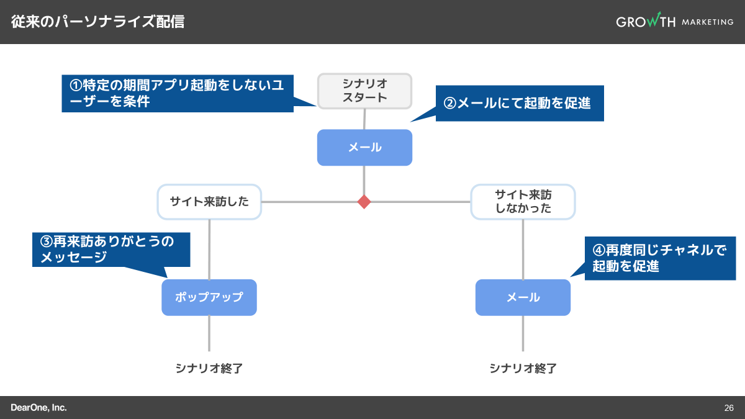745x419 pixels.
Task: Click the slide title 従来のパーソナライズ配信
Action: pyautogui.click(x=98, y=22)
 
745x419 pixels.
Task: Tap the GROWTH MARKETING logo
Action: pyautogui.click(x=674, y=22)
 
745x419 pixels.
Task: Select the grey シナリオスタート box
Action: pyautogui.click(x=364, y=91)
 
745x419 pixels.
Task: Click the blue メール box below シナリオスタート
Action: pyautogui.click(x=364, y=148)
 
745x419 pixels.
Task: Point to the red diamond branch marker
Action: pyautogui.click(x=364, y=202)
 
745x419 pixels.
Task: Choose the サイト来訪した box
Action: pyautogui.click(x=209, y=202)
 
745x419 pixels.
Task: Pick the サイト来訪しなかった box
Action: pyautogui.click(x=523, y=202)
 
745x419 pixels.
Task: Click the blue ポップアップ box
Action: pyautogui.click(x=209, y=297)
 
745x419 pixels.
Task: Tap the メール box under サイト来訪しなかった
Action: pyautogui.click(x=523, y=297)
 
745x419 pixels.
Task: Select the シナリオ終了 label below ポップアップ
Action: pyautogui.click(x=209, y=368)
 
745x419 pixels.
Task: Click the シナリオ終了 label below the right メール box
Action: pyautogui.click(x=523, y=368)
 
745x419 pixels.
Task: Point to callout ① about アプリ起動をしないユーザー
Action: pyautogui.click(x=177, y=94)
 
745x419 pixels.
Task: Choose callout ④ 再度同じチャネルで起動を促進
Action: pyautogui.click(x=659, y=258)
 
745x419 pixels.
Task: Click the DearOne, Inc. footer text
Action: pyautogui.click(x=38, y=408)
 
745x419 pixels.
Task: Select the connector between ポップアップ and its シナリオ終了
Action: pyautogui.click(x=209, y=333)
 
